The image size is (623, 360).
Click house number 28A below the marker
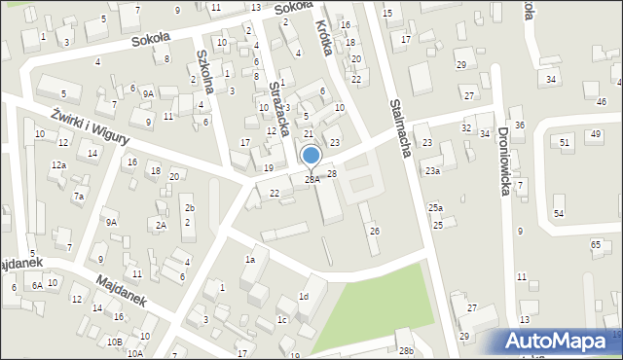311,179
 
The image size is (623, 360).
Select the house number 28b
406,350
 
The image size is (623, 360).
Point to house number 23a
432,171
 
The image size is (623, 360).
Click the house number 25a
436,208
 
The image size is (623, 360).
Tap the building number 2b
189,208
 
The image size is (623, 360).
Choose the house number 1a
250,259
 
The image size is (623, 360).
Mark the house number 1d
304,296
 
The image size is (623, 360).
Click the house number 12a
59,165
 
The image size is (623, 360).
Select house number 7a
79,197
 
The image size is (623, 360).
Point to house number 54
559,213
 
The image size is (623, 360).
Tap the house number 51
565,142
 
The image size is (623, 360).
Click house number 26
374,231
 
